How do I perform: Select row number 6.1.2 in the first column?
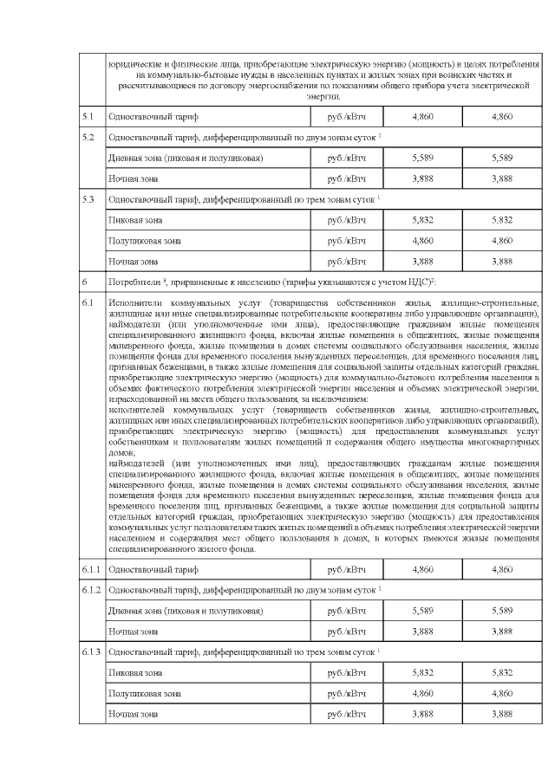[91, 590]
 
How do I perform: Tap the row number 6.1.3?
[91, 651]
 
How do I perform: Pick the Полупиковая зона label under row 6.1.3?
[144, 693]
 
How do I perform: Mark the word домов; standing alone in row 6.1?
[122, 452]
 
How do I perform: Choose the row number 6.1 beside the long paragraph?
[87, 303]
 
